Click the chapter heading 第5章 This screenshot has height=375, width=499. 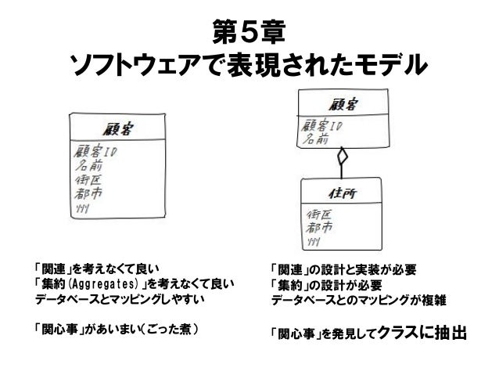pyautogui.click(x=249, y=32)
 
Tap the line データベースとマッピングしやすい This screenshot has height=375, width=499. pyautogui.click(x=117, y=297)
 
